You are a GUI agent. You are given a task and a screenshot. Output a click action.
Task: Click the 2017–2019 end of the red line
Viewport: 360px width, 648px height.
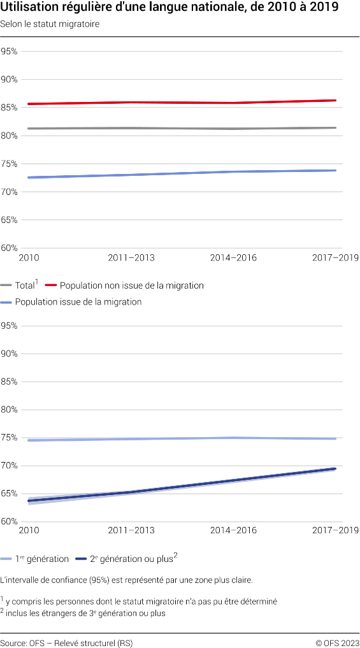[335, 100]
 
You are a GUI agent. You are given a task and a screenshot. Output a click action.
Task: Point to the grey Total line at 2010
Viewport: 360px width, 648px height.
[29, 128]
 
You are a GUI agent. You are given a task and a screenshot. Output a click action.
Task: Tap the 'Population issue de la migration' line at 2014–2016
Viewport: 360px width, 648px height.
[233, 171]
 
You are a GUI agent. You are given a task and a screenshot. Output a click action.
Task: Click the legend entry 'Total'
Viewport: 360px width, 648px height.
[25, 285]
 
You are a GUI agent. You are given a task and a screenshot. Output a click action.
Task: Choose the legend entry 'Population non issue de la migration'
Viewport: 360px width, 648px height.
[131, 285]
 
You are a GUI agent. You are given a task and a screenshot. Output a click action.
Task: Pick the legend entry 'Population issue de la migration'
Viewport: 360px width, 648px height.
[78, 301]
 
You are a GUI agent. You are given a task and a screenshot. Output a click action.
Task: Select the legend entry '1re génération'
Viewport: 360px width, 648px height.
[41, 559]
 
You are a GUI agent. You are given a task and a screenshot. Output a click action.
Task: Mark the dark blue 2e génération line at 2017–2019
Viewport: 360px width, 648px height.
[335, 469]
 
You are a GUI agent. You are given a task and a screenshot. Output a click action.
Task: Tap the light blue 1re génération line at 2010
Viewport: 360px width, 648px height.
[29, 440]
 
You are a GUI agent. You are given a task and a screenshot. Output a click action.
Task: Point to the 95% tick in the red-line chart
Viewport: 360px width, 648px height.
[10, 52]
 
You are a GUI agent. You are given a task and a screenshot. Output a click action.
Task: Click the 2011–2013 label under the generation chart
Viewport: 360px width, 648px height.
[131, 531]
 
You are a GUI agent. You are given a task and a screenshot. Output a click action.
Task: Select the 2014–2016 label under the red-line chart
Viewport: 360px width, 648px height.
[233, 257]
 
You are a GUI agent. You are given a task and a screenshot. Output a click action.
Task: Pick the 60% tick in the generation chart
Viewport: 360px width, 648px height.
[10, 522]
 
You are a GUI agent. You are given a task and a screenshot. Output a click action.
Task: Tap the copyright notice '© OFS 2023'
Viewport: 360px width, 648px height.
[337, 643]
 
